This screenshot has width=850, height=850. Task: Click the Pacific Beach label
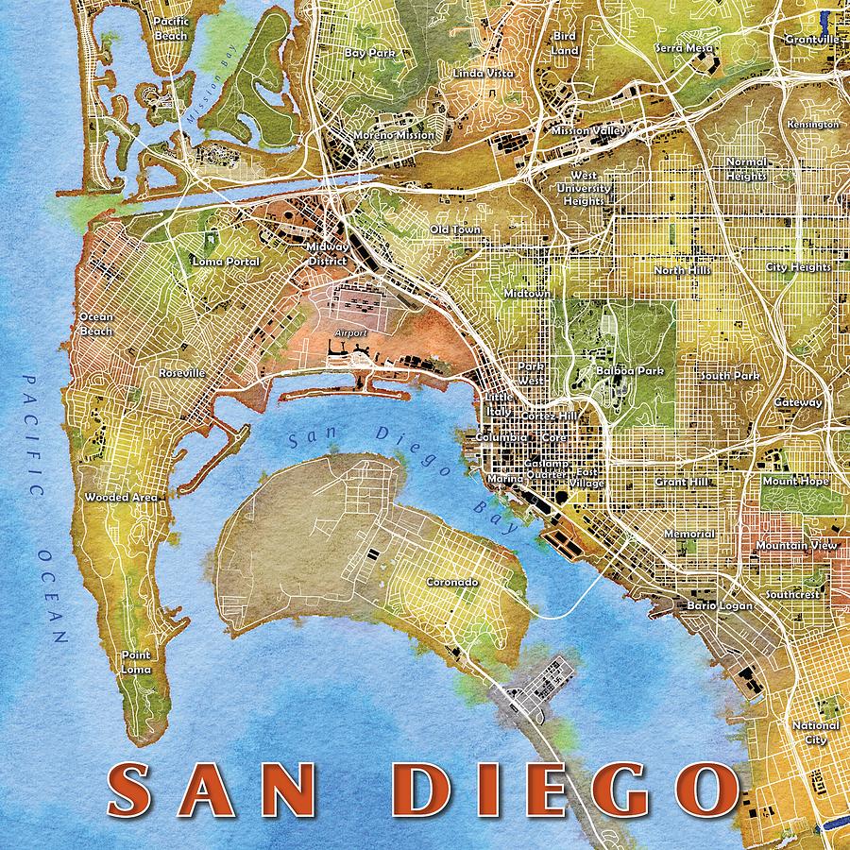[171, 28]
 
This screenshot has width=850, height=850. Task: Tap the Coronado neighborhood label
[451, 583]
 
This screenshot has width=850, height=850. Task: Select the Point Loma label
[137, 661]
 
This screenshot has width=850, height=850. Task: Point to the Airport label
[349, 334]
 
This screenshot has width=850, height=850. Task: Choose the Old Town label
[455, 229]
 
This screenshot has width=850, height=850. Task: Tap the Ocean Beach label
[96, 324]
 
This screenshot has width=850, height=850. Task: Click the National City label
[815, 732]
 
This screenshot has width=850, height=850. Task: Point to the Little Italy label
[498, 403]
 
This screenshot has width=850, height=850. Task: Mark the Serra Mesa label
[686, 48]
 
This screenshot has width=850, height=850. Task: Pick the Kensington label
[812, 125]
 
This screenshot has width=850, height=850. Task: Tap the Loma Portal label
[226, 261]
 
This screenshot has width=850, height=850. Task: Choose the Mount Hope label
[795, 482]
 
